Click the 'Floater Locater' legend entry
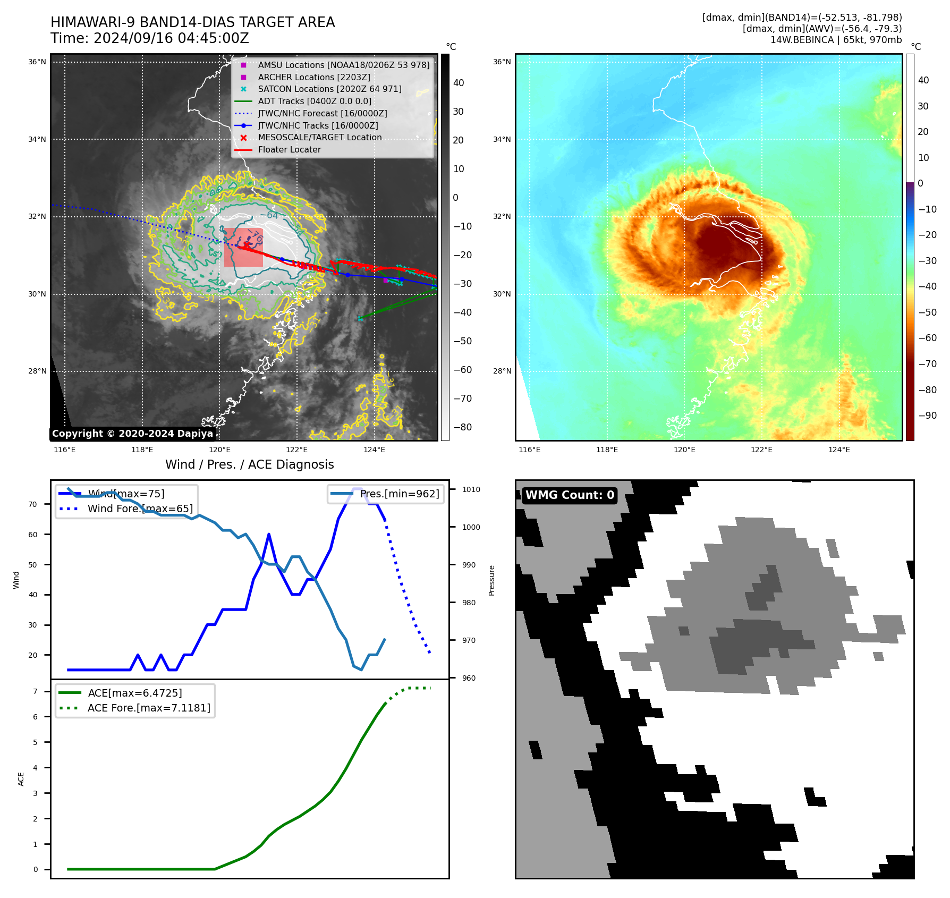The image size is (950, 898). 289,150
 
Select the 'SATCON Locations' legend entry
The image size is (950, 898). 329,89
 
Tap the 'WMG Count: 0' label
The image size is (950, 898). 570,495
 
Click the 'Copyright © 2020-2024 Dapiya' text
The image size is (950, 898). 132,434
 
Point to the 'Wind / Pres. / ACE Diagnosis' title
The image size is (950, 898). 249,465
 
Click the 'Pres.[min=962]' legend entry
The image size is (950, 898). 399,494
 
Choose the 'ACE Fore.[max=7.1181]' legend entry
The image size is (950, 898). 149,708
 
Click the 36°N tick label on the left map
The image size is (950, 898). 37,62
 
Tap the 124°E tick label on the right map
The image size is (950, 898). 839,450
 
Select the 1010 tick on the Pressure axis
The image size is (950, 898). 471,490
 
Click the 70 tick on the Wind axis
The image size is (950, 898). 33,504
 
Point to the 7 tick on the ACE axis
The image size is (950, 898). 36,691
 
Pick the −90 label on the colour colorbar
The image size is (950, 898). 927,416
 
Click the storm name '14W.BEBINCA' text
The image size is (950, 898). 802,40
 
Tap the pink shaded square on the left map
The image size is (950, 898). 243,248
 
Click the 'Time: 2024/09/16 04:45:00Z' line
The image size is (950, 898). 150,39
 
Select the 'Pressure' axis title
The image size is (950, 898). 492,580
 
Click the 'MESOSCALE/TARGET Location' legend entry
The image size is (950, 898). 320,138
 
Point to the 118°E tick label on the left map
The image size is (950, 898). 142,450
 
